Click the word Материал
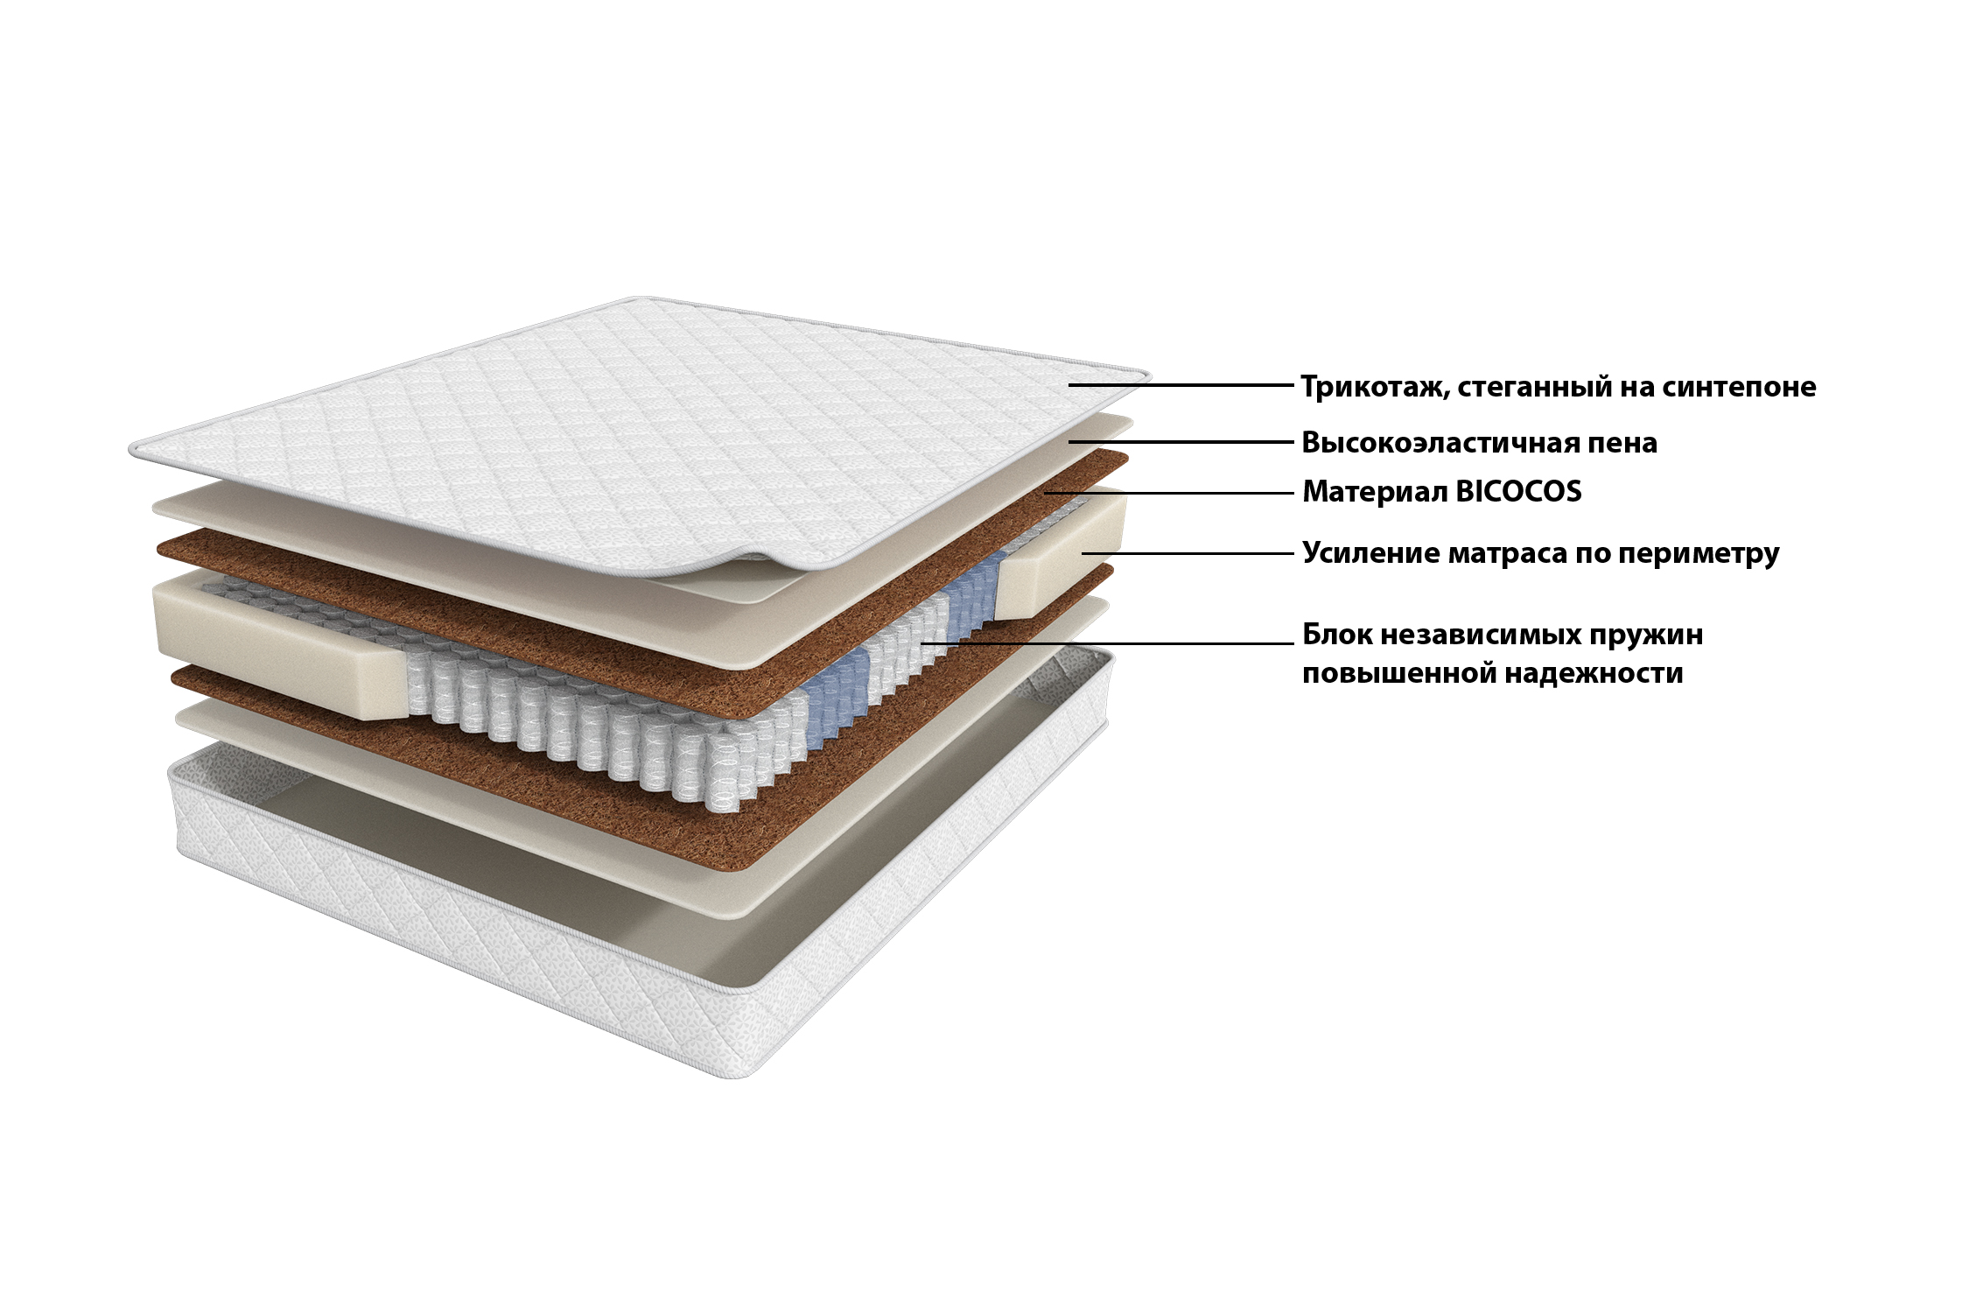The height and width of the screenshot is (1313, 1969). (1375, 492)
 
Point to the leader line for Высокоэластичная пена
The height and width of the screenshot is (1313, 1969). (1181, 442)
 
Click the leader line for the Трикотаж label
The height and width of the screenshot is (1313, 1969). (1181, 384)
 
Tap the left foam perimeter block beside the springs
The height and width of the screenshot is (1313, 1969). (280, 643)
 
